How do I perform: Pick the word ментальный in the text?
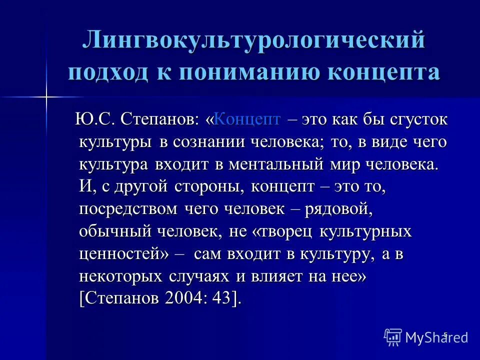pyautogui.click(x=285, y=164)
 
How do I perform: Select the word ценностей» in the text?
pyautogui.click(x=124, y=254)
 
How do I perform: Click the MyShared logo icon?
pyautogui.click(x=393, y=337)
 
